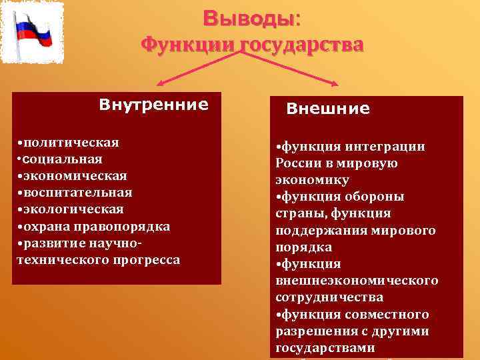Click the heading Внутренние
(x=153, y=105)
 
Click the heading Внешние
(x=328, y=109)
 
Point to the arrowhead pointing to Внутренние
(x=160, y=84)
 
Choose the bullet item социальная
(x=61, y=159)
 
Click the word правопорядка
(x=131, y=227)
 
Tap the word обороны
(x=379, y=197)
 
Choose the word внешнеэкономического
(x=357, y=281)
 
